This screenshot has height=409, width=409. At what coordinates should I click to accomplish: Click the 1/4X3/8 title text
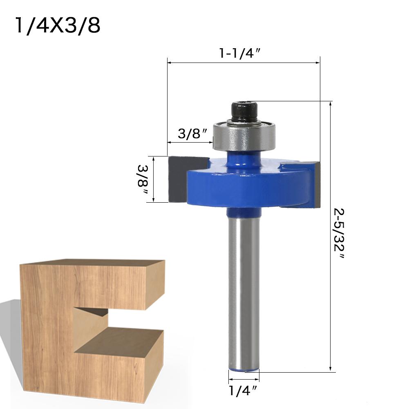58,26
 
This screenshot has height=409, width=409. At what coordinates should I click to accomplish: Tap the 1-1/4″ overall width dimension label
240,54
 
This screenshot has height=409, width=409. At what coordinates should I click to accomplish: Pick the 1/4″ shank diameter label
243,391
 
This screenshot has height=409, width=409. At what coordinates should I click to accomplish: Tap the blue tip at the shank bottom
244,369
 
